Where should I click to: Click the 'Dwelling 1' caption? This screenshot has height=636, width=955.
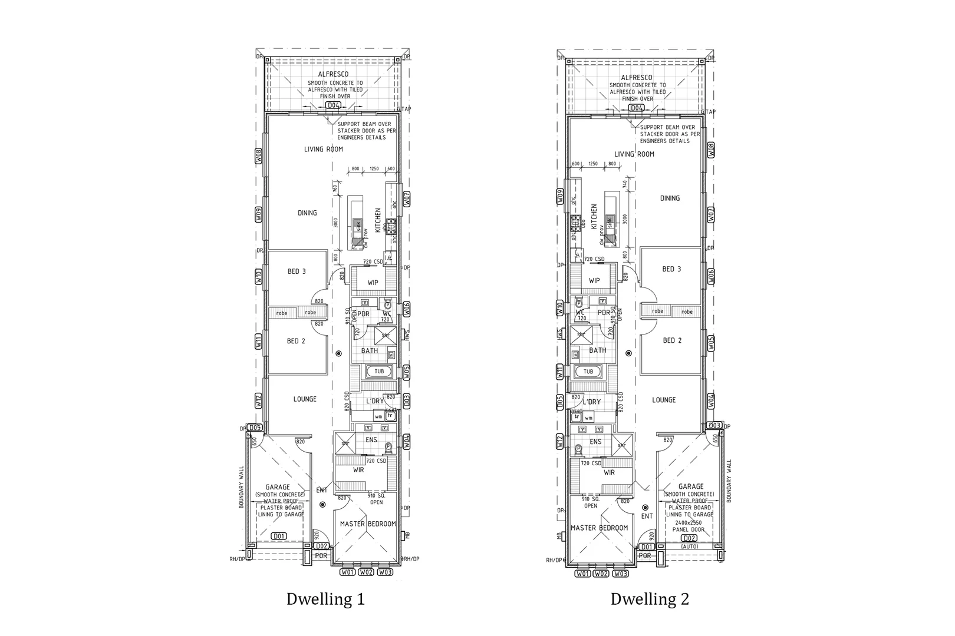tap(325, 599)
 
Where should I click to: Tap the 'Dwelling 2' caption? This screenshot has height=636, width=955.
tap(649, 599)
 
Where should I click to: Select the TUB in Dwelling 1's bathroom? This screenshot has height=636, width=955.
tap(379, 372)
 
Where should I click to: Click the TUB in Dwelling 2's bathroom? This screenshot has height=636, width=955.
tap(588, 372)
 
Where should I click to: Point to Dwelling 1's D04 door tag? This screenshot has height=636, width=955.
tap(334, 105)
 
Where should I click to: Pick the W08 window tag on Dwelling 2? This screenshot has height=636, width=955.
tap(711, 150)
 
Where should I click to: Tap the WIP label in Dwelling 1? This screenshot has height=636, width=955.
tap(373, 283)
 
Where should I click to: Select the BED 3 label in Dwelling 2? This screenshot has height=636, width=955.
tap(671, 269)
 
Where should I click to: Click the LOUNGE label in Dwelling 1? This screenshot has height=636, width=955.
tap(305, 399)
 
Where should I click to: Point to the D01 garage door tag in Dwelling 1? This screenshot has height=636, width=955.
tap(279, 536)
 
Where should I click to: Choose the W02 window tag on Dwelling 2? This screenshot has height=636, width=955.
tap(601, 574)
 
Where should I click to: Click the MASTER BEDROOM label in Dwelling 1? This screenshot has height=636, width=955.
tap(368, 524)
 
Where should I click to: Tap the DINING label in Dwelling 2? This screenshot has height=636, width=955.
tap(670, 198)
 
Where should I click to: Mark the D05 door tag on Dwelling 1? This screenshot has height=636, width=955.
tap(255, 427)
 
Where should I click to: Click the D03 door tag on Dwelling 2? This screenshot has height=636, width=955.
tap(714, 425)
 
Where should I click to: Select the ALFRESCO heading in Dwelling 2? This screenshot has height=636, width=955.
tap(637, 78)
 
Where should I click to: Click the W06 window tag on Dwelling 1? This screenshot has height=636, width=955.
tap(407, 307)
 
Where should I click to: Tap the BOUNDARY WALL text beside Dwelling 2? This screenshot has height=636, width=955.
tap(729, 481)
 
